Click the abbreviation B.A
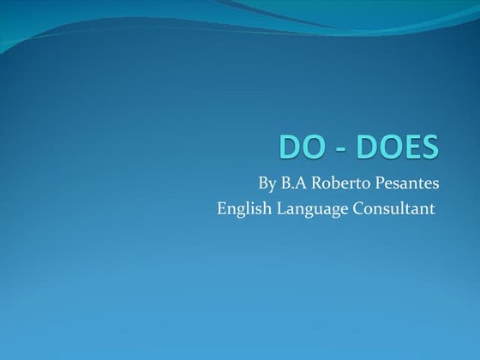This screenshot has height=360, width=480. (295, 183)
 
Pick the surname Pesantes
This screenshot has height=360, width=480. (405, 183)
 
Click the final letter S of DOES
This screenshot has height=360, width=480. (430, 147)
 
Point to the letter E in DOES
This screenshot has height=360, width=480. (413, 147)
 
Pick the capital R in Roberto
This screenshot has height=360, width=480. (317, 183)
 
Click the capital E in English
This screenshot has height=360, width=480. (222, 208)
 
